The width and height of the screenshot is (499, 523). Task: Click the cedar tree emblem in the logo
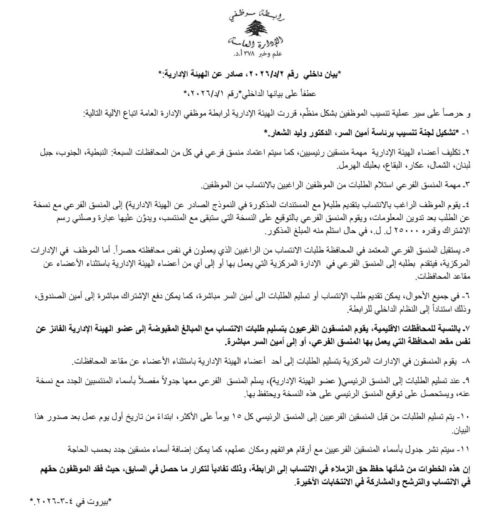pos(255,28)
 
